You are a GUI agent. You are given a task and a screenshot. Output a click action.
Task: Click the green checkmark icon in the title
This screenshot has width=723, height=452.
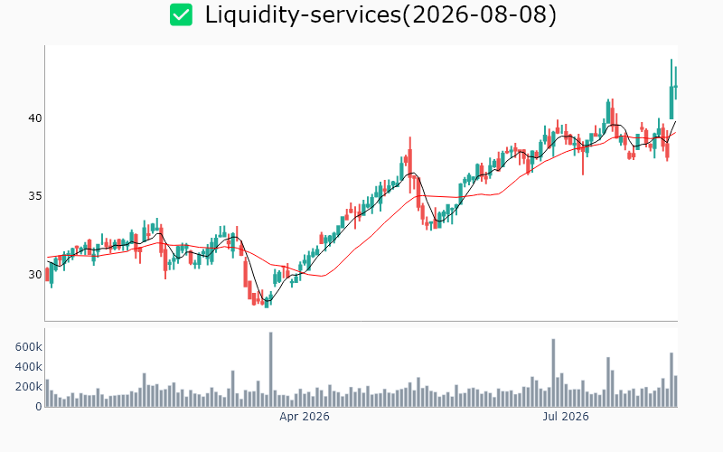[x=181, y=14]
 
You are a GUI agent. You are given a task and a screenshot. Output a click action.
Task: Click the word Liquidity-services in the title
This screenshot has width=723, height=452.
[x=303, y=14]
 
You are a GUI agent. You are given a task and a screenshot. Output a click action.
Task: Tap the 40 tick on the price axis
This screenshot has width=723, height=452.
[x=35, y=118]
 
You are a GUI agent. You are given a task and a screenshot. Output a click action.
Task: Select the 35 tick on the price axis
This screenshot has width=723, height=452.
[x=35, y=196]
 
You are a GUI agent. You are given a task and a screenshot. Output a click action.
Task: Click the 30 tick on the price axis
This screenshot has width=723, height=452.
[x=35, y=275]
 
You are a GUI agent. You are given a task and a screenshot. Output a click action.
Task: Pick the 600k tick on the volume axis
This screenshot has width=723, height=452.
[x=29, y=347]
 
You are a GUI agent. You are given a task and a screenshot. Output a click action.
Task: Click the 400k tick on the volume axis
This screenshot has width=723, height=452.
[x=29, y=367]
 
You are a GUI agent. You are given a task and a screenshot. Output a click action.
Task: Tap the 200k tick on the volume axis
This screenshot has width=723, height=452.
[x=29, y=387]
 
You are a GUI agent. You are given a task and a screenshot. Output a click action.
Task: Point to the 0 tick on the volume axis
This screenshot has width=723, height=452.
[x=39, y=406]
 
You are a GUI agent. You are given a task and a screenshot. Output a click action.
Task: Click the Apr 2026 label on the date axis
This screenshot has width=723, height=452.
[x=305, y=417]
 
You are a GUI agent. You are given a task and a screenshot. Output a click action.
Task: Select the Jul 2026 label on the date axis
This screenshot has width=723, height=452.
[x=566, y=417]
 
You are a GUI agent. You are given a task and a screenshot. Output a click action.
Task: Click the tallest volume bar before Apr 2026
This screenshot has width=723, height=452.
[x=270, y=370]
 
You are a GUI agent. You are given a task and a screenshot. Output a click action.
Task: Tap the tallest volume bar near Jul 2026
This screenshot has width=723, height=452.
[x=553, y=372]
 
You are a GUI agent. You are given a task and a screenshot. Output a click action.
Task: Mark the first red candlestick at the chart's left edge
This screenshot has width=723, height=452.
[x=47, y=275]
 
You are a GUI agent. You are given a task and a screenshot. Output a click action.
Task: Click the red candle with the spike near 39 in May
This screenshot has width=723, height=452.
[x=410, y=162]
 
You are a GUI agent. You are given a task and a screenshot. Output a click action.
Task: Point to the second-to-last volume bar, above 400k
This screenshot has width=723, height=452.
[x=671, y=380]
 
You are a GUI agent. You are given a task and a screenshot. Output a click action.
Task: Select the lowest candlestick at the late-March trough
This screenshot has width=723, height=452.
[x=267, y=302]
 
